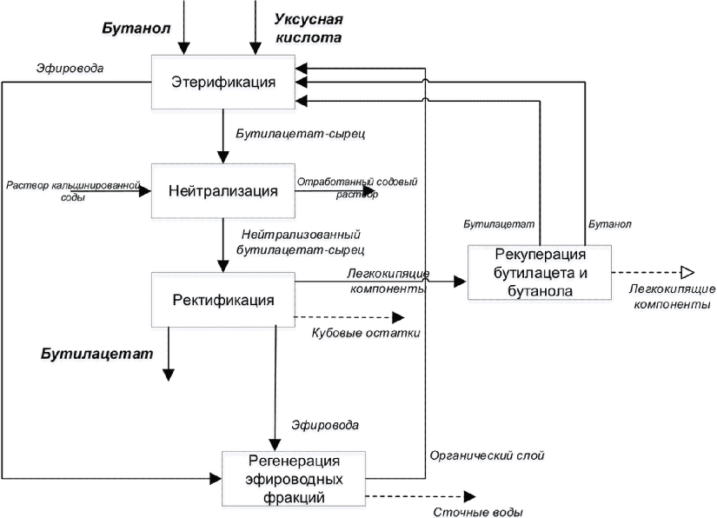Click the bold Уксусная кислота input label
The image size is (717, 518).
[309, 29]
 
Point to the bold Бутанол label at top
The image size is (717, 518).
[136, 29]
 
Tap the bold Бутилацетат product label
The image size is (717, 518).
[97, 354]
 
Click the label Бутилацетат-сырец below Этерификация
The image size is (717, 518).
[301, 134]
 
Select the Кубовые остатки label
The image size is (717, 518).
[366, 333]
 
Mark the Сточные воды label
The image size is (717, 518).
[478, 513]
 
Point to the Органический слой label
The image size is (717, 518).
[487, 455]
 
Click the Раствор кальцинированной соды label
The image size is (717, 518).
[73, 191]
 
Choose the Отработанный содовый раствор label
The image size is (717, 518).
[357, 188]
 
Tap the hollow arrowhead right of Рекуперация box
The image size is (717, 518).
[687, 273]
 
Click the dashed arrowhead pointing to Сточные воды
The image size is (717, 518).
[470, 496]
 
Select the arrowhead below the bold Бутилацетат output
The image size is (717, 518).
[169, 375]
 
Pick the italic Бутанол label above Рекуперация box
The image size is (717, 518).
[610, 224]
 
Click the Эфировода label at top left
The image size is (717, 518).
[70, 69]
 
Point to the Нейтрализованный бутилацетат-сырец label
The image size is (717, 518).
[301, 242]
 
